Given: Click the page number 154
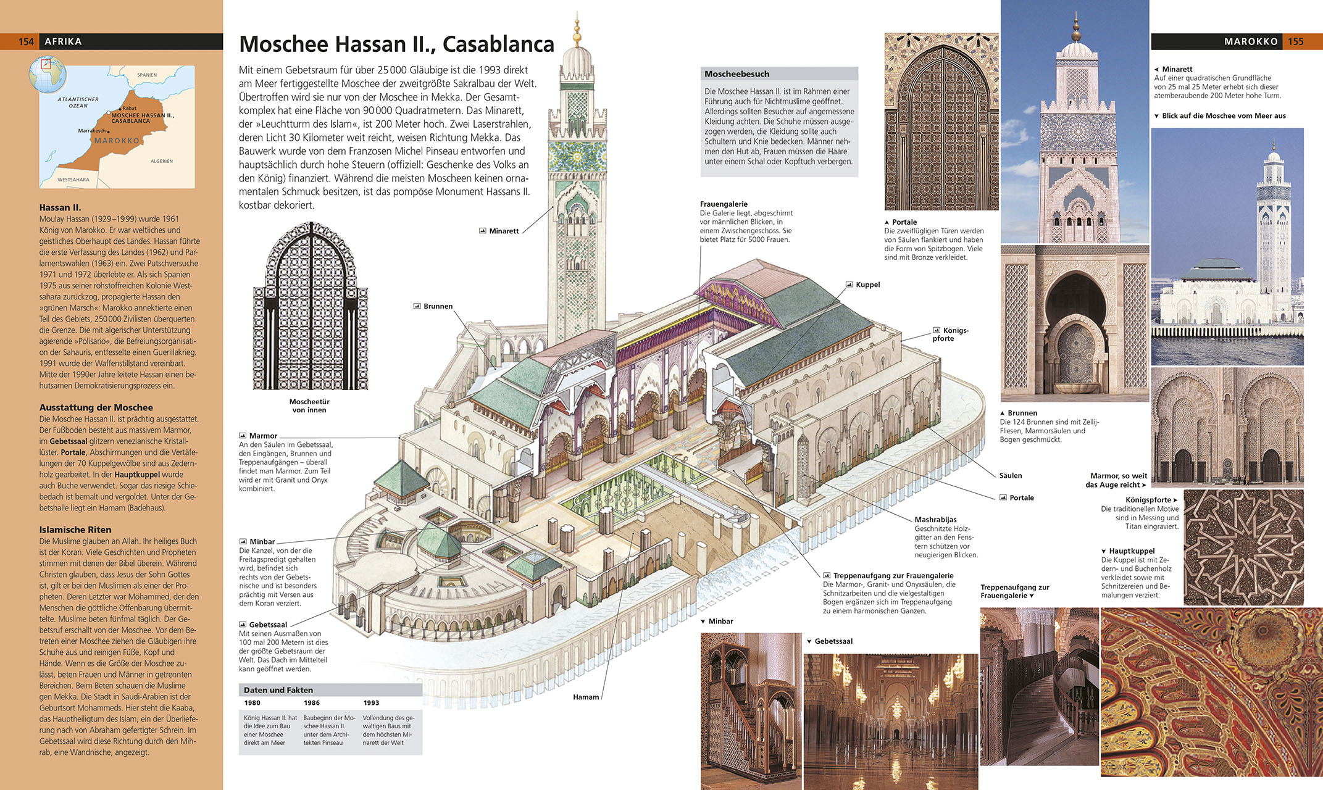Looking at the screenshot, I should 26,41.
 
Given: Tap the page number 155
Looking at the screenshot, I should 1295,41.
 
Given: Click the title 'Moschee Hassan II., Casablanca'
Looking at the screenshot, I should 396,44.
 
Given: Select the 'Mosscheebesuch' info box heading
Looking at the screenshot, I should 737,74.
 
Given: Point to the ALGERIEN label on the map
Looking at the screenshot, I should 162,161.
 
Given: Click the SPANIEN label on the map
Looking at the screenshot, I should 147,75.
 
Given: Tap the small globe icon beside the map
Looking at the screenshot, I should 48,74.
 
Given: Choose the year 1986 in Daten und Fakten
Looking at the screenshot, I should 312,703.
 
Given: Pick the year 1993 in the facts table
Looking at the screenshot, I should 371,703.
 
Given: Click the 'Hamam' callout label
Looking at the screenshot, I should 585,697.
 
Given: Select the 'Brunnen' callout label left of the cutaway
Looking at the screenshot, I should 438,306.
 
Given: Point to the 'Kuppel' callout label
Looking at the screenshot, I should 867,285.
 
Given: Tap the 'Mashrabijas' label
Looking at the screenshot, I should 935,520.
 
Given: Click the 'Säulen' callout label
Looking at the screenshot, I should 1011,476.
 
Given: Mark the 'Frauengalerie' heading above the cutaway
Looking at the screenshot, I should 724,204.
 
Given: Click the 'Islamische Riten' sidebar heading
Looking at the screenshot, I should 75,530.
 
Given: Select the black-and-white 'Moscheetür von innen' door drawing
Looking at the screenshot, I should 310,307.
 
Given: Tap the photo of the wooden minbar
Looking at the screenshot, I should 751,710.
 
